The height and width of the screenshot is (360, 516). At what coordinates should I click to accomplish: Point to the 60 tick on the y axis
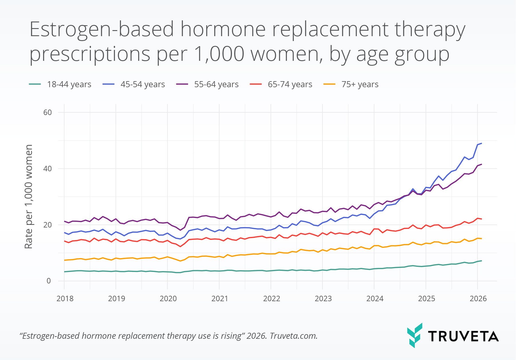click(x=48, y=112)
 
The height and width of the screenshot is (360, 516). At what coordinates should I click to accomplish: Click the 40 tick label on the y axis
click(x=48, y=169)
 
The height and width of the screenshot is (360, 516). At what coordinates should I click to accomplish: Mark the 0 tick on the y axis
click(x=49, y=281)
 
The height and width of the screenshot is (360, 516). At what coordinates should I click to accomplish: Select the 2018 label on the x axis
click(x=65, y=299)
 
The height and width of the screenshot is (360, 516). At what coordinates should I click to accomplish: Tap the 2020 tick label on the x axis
click(x=168, y=299)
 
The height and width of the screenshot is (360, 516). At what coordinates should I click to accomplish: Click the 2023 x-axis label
click(x=323, y=299)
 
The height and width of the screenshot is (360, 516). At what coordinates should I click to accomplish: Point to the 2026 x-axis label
click(x=478, y=299)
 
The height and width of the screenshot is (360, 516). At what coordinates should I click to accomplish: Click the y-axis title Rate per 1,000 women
click(x=28, y=196)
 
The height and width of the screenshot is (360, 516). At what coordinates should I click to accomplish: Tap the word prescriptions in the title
click(x=90, y=54)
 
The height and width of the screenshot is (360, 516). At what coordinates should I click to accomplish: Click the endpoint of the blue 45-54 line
click(x=482, y=143)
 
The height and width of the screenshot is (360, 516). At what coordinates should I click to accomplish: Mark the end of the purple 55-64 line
click(x=482, y=164)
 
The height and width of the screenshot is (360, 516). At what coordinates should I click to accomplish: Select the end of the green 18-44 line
click(x=482, y=260)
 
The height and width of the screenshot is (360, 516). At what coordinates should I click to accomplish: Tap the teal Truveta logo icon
click(x=415, y=335)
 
